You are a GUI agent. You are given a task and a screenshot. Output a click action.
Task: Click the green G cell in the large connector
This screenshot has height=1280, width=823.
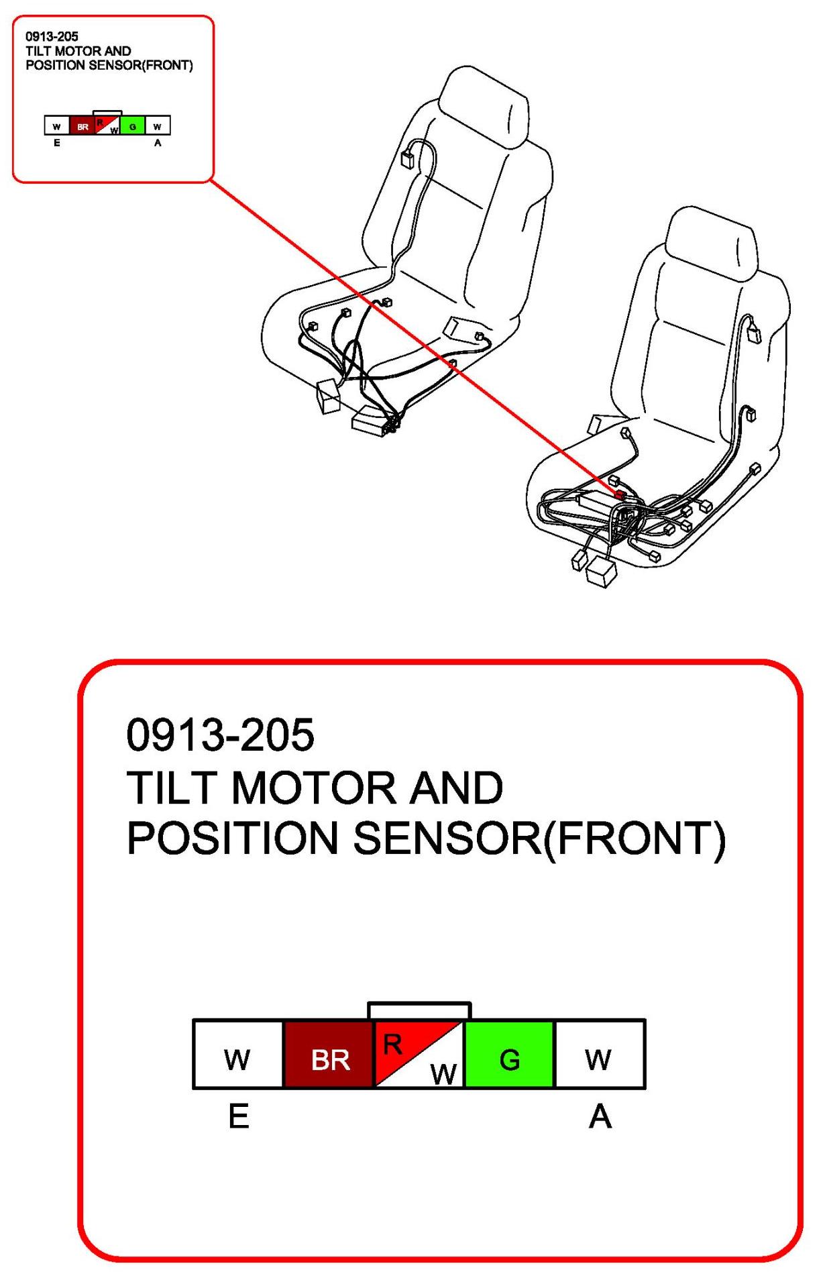[x=510, y=1054]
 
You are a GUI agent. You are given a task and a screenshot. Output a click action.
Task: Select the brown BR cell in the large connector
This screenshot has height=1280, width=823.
[x=329, y=1054]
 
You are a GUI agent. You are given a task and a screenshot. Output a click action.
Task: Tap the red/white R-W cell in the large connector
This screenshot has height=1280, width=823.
[x=419, y=1054]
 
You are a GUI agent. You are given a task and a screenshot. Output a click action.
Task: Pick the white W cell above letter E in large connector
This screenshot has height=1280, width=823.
[x=238, y=1054]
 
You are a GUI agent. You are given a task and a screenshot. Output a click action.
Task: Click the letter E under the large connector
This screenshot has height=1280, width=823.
[x=239, y=1117]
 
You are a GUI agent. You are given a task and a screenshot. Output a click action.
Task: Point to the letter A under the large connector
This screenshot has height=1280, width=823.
[x=600, y=1117]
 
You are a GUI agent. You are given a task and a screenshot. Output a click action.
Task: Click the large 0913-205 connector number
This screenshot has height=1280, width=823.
[x=220, y=735]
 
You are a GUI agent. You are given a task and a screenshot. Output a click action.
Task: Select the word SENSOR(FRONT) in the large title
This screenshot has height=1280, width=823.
[x=539, y=839]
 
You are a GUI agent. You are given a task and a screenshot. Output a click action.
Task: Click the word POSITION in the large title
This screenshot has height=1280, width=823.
[x=232, y=839]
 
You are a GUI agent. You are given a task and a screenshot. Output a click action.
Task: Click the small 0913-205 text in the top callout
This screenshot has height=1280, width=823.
[x=52, y=37]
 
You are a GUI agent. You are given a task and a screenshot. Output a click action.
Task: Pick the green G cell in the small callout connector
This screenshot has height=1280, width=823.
[x=133, y=125]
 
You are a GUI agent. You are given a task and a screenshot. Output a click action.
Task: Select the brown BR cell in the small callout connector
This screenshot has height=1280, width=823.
[x=83, y=125]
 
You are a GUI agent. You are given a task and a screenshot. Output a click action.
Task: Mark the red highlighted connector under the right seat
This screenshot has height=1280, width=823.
[x=620, y=495]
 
